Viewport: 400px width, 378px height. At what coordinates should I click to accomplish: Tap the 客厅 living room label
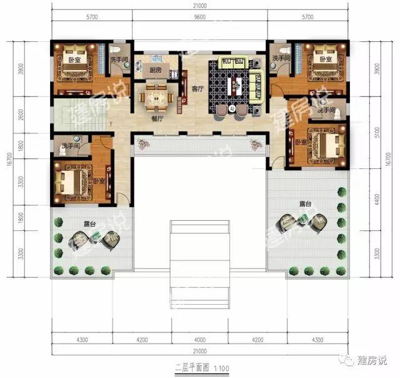point(197,89)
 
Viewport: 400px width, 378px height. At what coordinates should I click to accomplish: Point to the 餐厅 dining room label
point(157,117)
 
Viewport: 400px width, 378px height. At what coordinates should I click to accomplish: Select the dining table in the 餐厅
point(156,96)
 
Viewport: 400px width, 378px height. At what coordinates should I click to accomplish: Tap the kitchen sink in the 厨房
point(176,74)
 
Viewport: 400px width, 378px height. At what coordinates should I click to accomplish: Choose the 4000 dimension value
point(200,341)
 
